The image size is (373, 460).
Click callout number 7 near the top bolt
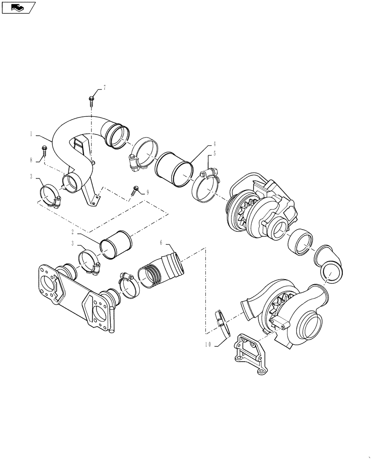[x=104, y=88]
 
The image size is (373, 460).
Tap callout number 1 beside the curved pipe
[x=31, y=134]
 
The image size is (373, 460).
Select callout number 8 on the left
[x=31, y=160]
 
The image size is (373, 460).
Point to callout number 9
[x=147, y=192]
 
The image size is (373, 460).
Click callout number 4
[x=214, y=144]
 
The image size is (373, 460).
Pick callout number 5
[x=214, y=153]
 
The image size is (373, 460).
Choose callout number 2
[x=72, y=232]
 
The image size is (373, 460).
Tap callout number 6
[x=161, y=242]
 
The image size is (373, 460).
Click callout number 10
[x=208, y=345]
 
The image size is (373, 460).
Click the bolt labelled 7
[x=91, y=100]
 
